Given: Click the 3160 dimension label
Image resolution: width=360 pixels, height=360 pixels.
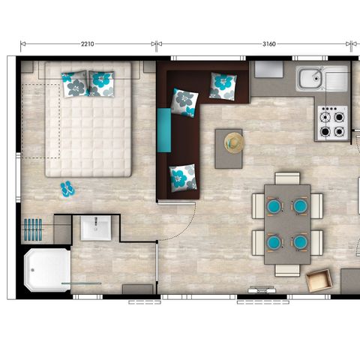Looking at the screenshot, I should [x=269, y=44].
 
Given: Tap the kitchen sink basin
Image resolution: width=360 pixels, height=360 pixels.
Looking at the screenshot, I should [x=309, y=78].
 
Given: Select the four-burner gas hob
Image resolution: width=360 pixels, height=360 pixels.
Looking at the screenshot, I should [x=331, y=122].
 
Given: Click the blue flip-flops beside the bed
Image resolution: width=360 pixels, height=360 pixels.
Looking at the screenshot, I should [x=68, y=189].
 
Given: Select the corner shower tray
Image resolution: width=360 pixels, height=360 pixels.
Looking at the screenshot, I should [x=46, y=271].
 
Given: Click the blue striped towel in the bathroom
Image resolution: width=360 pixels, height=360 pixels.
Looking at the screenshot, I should [x=34, y=226].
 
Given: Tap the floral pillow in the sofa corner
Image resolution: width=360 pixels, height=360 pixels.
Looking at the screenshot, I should [x=184, y=100].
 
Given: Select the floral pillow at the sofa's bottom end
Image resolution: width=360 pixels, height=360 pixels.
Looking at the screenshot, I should [x=182, y=178].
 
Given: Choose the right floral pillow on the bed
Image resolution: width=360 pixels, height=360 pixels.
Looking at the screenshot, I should [x=101, y=82].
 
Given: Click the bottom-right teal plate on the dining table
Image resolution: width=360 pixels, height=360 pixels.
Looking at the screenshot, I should [x=300, y=242].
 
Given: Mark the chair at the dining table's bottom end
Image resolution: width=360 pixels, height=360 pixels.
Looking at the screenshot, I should [x=287, y=268].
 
